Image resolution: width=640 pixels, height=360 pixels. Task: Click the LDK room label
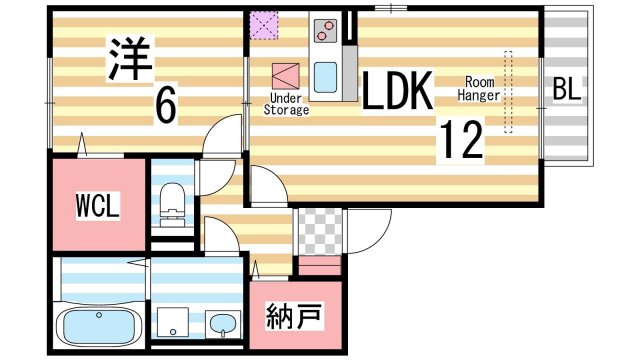click(396, 93)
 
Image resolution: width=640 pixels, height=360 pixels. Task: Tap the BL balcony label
click(566, 90)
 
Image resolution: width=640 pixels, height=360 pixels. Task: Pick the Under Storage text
click(286, 104)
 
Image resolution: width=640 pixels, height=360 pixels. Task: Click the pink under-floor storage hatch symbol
click(285, 76)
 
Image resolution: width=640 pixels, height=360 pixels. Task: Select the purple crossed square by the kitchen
click(266, 23)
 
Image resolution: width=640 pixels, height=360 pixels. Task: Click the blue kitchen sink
click(327, 75)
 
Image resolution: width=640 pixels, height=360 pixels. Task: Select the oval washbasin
click(223, 324)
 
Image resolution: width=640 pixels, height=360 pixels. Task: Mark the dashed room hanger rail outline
click(508, 92)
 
